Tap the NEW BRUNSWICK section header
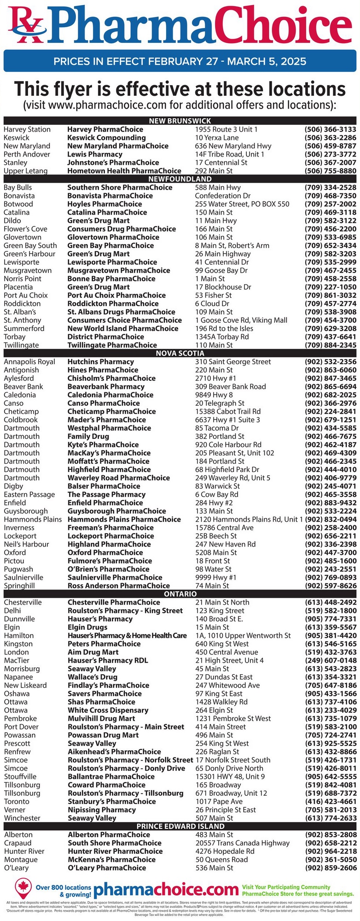click(180, 121)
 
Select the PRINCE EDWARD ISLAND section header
click(180, 826)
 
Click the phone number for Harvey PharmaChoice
click(330, 129)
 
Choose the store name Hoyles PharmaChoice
click(105, 204)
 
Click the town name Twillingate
click(21, 345)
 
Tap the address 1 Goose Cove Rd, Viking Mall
click(241, 320)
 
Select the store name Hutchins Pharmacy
click(100, 361)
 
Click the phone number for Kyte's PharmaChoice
click(330, 444)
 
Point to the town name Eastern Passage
click(29, 494)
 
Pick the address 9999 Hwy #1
click(215, 577)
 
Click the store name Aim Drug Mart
click(93, 652)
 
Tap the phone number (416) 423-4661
click(330, 801)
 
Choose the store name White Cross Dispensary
click(108, 710)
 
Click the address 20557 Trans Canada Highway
click(243, 843)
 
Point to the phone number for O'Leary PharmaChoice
click(330, 868)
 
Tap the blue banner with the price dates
click(180, 61)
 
